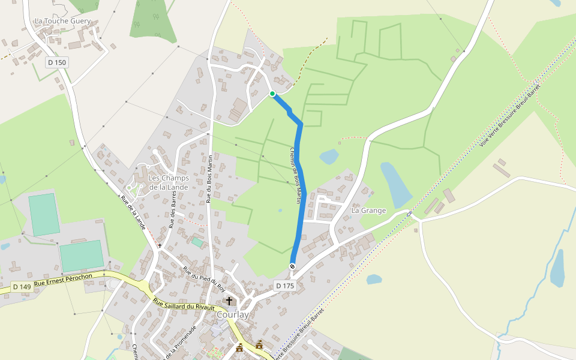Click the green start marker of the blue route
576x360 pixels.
[272, 94]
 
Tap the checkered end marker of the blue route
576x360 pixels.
[293, 266]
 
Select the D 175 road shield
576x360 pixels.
[285, 286]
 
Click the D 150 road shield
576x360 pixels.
[57, 62]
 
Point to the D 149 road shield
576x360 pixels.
[21, 287]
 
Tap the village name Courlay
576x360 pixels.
[232, 314]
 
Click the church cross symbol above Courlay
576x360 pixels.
[229, 301]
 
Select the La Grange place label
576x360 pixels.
[368, 211]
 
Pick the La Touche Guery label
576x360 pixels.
[62, 21]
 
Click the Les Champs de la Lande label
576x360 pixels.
[169, 182]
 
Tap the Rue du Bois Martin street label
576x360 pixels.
[210, 178]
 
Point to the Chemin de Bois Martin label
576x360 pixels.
[295, 176]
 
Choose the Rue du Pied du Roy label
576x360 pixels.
[203, 279]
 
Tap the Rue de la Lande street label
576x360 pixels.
[133, 212]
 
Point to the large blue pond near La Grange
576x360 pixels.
[396, 184]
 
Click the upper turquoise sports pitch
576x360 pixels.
[44, 214]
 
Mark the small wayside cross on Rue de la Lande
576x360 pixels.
[160, 245]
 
